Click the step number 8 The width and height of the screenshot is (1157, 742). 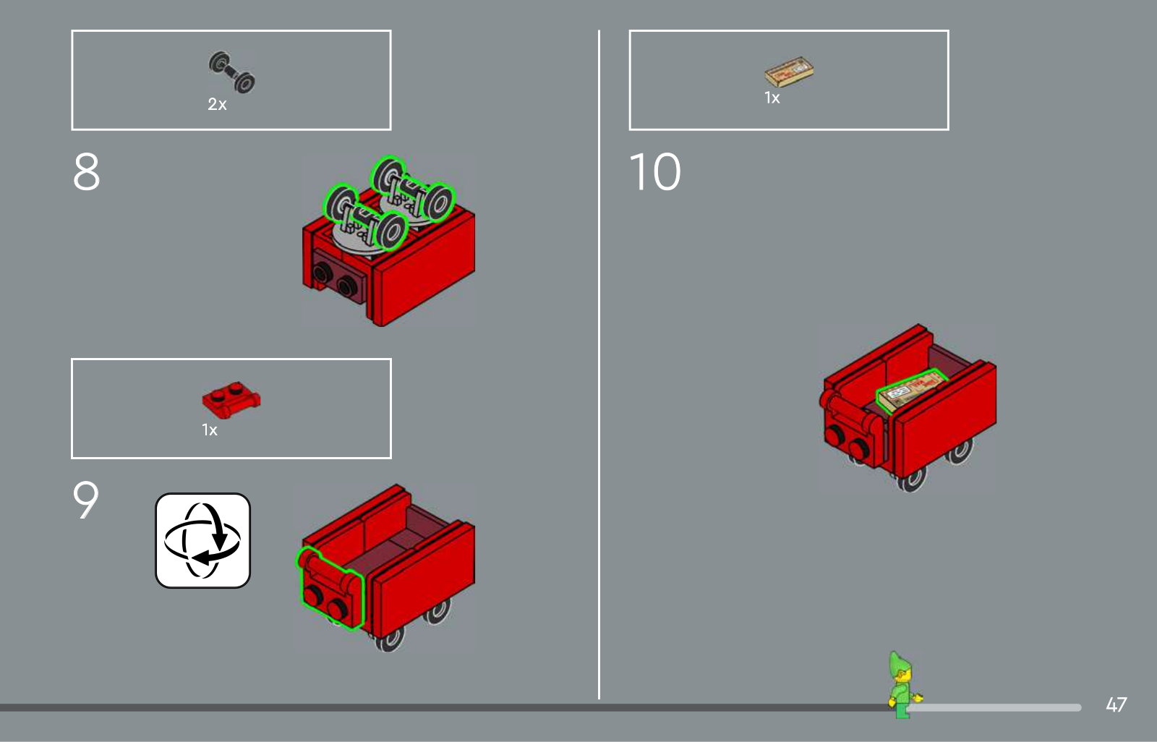[x=86, y=171]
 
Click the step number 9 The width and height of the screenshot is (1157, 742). [x=86, y=499]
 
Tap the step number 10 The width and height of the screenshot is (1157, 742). [x=655, y=171]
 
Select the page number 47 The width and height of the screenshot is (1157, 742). [x=1117, y=705]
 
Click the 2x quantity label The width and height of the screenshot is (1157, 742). [x=217, y=104]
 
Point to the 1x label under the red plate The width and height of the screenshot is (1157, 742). [x=210, y=430]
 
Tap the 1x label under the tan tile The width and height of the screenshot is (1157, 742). [x=772, y=98]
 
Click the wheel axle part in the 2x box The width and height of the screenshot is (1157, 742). [x=231, y=72]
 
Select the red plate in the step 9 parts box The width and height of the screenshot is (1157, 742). [x=231, y=399]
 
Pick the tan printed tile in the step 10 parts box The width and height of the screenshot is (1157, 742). [x=789, y=72]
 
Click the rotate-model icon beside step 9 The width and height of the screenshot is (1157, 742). [x=203, y=540]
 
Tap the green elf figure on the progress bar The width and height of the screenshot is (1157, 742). [x=904, y=685]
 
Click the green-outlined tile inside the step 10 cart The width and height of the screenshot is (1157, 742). [x=912, y=391]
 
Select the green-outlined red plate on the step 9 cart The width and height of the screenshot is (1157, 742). [x=330, y=588]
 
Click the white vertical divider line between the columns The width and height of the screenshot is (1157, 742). [x=599, y=364]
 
